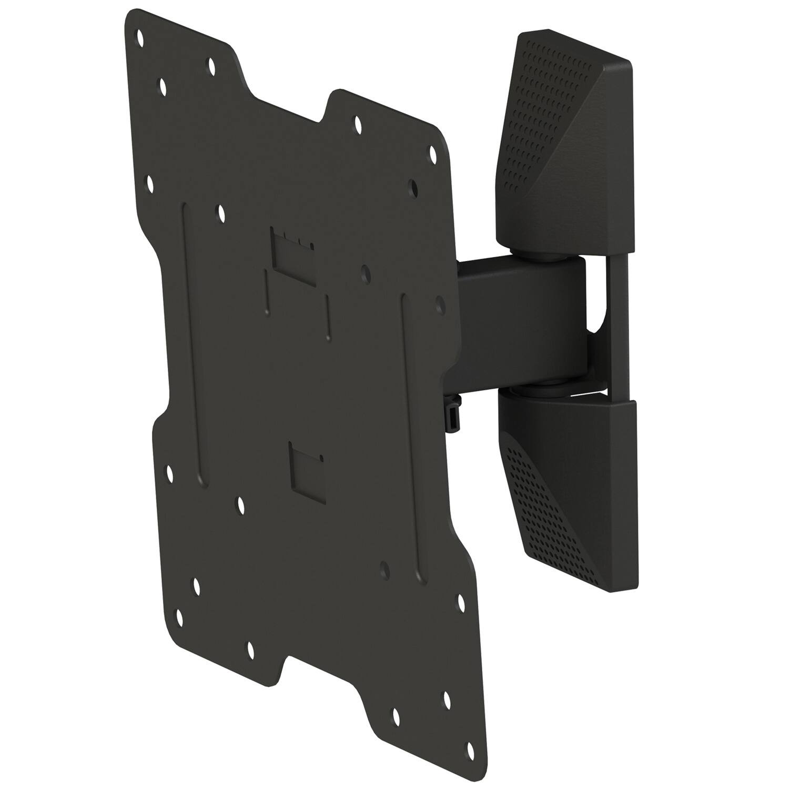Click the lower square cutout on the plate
[306, 472]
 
